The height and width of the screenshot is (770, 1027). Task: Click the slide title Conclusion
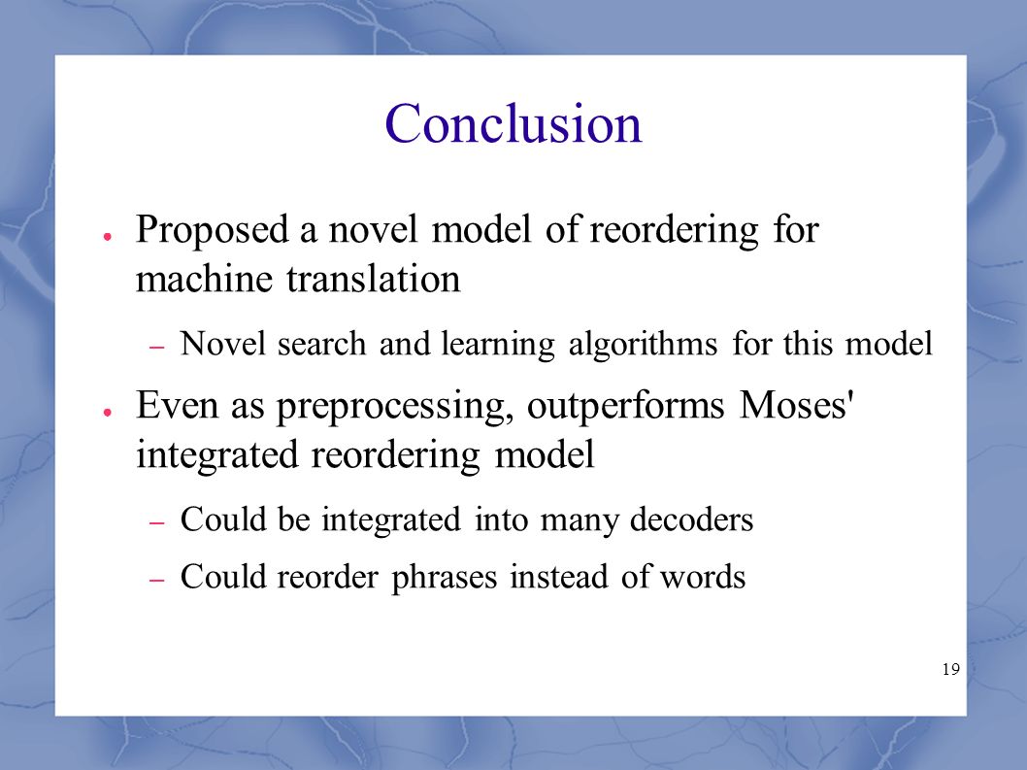click(513, 123)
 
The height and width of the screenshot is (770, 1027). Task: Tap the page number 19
click(951, 669)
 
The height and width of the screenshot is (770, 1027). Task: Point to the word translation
click(374, 279)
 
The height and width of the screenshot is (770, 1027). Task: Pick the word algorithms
click(643, 345)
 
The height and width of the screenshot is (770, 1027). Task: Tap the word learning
click(498, 345)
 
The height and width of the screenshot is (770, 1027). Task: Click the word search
click(321, 344)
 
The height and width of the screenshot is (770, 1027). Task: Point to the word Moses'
click(796, 404)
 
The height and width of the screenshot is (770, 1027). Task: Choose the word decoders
click(691, 519)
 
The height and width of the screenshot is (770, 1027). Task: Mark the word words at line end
click(702, 577)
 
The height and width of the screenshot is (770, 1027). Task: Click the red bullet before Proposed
click(106, 236)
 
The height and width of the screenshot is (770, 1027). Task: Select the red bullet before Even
click(106, 412)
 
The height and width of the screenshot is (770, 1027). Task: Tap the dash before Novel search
click(156, 348)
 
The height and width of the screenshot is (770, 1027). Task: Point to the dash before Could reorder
click(156, 581)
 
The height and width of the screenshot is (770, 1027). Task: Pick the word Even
click(177, 404)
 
